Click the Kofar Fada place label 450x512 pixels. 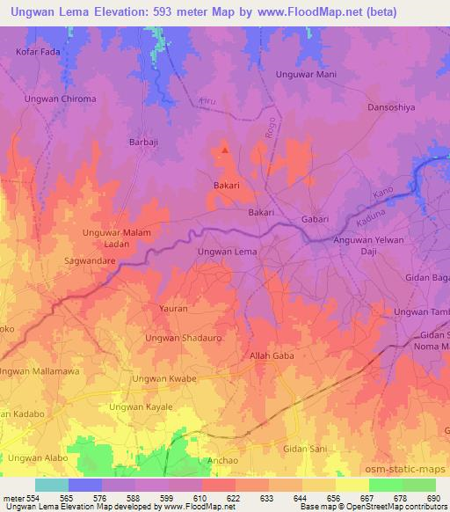38,52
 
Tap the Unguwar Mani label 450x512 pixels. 306,75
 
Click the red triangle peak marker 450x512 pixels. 226,150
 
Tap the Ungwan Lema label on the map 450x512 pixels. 227,252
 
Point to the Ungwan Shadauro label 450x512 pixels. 184,338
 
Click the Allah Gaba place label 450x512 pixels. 272,356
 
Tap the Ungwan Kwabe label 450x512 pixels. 163,379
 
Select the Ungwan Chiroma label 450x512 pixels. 61,99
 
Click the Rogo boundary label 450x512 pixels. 270,129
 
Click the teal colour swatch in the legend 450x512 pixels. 52,485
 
